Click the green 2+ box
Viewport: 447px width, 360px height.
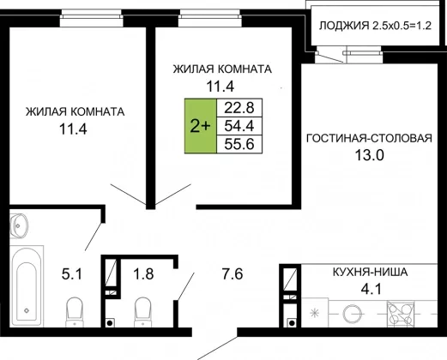201,126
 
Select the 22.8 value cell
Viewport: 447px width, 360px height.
239,108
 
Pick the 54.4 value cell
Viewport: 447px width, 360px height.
239,126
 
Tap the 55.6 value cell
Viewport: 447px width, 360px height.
239,144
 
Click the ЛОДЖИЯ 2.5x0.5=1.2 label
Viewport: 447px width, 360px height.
375,26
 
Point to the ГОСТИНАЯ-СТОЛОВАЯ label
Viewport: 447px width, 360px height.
369,138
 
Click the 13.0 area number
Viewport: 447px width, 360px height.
369,155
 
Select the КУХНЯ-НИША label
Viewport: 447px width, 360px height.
370,272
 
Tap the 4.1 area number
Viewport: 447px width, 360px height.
371,289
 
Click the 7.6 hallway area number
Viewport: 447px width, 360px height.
233,274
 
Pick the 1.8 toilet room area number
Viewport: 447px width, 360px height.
143,273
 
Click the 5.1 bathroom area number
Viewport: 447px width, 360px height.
72,274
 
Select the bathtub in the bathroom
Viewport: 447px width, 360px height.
27,285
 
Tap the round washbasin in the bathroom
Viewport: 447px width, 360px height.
19,225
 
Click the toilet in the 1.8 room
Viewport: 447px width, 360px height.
142,312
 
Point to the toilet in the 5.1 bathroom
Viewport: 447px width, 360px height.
75,312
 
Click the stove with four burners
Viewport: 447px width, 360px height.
401,314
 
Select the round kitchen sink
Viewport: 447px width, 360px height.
353,314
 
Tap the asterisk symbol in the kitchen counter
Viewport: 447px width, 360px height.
315,314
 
